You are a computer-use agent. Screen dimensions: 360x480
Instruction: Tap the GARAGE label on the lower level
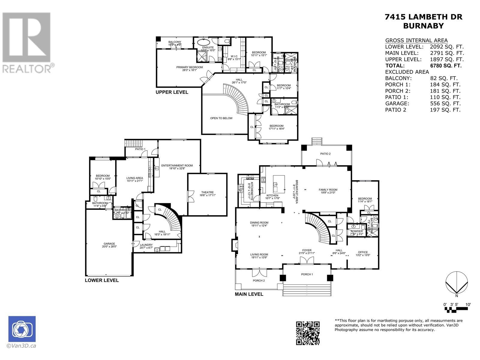[109, 244]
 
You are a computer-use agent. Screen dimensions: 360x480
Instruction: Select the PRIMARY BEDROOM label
[189, 67]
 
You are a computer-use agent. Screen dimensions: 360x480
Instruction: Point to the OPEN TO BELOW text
[221, 118]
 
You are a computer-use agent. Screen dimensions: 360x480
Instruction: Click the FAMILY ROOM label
[328, 190]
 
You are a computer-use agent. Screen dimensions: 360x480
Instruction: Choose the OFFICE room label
[363, 252]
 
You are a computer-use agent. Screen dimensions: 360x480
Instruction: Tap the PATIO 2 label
[325, 154]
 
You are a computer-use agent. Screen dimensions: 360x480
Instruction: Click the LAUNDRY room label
[146, 245]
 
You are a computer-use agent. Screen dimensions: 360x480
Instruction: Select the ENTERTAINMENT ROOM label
[177, 166]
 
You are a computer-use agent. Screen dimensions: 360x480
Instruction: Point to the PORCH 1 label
[307, 274]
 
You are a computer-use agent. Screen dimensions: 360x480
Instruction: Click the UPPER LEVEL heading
[172, 92]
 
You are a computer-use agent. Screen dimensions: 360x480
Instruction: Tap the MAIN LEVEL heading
[249, 294]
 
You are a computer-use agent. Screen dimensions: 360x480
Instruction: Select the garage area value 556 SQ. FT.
[445, 103]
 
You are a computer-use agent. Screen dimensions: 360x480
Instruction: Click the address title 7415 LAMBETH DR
[423, 17]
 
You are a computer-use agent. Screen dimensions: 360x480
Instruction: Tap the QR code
[308, 333]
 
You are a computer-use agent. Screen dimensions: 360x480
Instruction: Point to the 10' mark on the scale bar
[468, 304]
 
